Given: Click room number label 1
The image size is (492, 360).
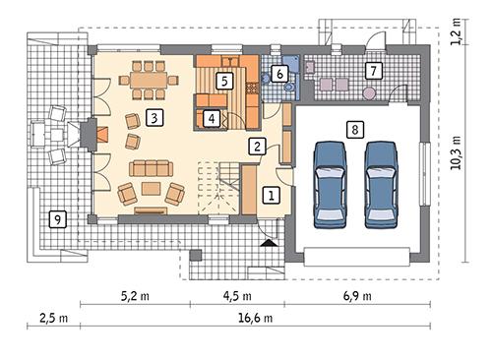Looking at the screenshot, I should (x=270, y=196).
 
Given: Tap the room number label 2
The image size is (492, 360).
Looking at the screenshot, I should (x=256, y=148).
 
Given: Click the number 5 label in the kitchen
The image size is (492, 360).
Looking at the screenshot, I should (x=225, y=80).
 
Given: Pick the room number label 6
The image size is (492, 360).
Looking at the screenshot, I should (x=280, y=73).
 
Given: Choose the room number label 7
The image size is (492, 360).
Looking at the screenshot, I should (x=372, y=70).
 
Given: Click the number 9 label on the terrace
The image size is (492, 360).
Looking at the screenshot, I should (x=58, y=219).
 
